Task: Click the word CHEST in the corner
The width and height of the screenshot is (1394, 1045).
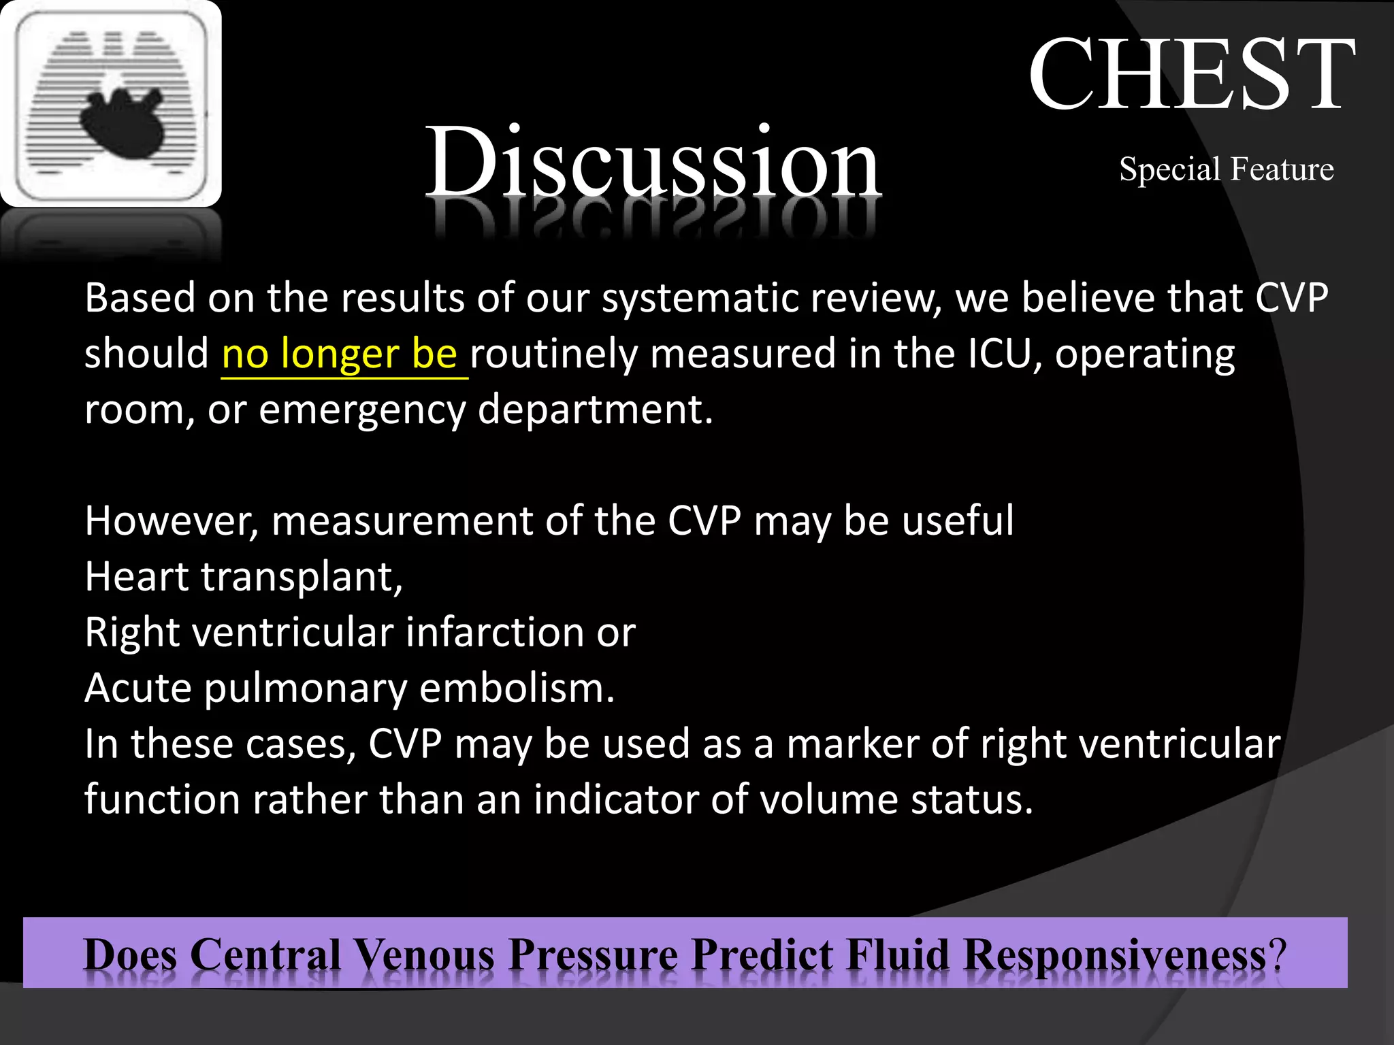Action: click(1191, 75)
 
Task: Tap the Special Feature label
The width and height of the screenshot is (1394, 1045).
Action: click(1226, 169)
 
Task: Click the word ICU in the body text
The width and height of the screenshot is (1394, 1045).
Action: click(1003, 354)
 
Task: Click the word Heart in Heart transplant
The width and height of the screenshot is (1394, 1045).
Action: click(136, 578)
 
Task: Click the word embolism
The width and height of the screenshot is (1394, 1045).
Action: click(517, 689)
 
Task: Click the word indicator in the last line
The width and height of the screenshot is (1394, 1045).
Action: click(616, 800)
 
